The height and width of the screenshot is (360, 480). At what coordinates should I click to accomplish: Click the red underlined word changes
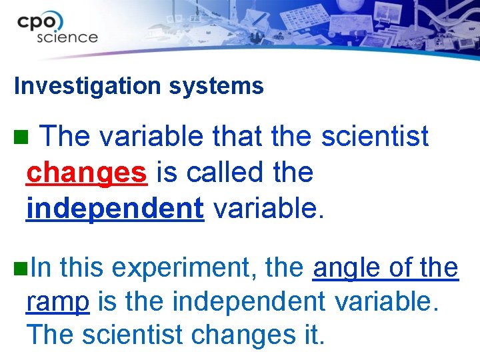tap(86, 173)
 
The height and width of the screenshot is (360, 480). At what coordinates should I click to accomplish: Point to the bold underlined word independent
tap(115, 209)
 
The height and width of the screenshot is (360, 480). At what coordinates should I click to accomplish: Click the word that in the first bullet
tap(239, 137)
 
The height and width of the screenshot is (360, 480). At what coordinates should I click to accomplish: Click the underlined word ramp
tap(57, 302)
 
